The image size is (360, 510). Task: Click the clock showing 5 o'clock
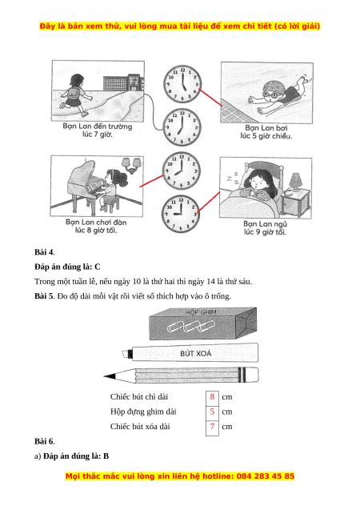[x=182, y=84]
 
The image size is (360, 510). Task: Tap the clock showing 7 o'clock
[x=182, y=127]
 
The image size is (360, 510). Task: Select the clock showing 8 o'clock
[x=182, y=171]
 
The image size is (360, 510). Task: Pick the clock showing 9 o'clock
[x=181, y=214]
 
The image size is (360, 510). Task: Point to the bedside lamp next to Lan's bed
[x=295, y=183]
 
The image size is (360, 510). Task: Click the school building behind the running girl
[x=123, y=82]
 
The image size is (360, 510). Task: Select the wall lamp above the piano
[x=131, y=165]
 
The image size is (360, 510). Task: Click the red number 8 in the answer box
[x=212, y=396]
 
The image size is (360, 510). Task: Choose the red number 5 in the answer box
[x=212, y=412]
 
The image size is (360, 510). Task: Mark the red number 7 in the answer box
[x=212, y=426]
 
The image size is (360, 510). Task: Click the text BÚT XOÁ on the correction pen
[x=195, y=353]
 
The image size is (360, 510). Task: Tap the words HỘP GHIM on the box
[x=201, y=312]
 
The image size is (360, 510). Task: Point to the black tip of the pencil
[x=110, y=376]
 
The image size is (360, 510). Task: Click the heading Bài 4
[x=45, y=252]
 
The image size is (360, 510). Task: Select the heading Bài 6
[x=45, y=441]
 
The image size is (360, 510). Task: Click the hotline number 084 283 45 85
[x=266, y=476]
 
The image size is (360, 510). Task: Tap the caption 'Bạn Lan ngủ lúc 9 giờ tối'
[x=265, y=227]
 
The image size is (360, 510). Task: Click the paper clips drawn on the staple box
[x=191, y=326]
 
